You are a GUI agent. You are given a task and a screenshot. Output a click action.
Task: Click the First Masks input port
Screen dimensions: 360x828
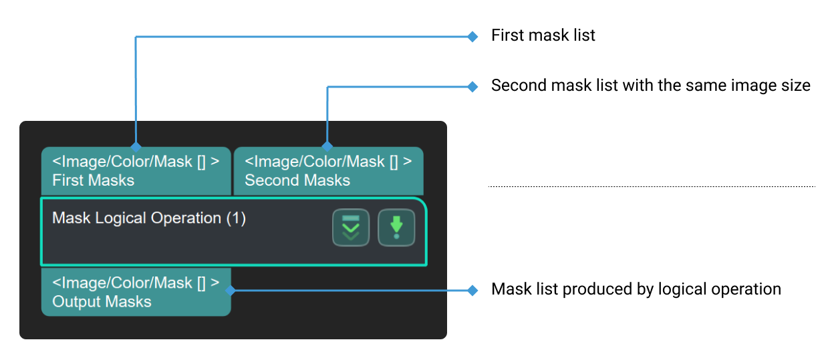[136, 171]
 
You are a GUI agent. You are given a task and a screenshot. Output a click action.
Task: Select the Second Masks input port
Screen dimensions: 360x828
[328, 171]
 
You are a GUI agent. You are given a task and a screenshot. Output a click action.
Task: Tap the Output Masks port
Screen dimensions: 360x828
[136, 293]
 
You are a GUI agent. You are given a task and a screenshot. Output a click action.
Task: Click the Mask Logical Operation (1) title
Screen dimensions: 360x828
[149, 218]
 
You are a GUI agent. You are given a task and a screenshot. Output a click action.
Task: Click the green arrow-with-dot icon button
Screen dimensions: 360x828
[396, 228]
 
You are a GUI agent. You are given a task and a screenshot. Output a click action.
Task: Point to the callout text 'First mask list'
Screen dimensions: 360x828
[543, 35]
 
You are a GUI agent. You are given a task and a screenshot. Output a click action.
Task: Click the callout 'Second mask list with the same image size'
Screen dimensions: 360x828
[650, 85]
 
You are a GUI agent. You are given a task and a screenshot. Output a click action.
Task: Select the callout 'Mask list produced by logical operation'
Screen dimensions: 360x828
[636, 289]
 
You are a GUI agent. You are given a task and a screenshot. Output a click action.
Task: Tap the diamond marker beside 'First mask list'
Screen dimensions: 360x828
[473, 36]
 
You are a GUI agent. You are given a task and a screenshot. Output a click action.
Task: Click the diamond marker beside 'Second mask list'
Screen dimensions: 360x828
[473, 86]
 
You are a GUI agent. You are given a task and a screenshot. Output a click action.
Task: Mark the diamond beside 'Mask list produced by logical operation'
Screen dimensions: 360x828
[473, 290]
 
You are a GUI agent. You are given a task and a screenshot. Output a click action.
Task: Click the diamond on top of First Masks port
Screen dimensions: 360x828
[136, 146]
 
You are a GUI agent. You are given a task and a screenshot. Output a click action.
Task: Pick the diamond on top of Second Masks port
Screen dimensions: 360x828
[327, 146]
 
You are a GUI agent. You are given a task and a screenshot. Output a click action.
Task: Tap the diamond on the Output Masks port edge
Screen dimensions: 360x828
[230, 290]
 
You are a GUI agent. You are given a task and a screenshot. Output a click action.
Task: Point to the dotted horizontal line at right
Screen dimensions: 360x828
[652, 186]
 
